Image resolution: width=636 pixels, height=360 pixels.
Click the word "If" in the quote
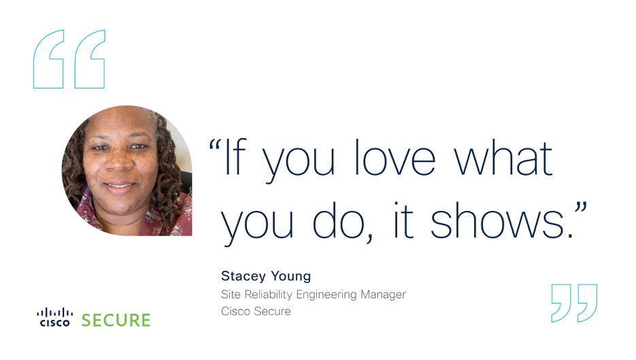pos(235,157)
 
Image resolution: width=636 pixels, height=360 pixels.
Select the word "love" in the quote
pos(395,157)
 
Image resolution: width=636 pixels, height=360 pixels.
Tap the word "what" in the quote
pos(503,158)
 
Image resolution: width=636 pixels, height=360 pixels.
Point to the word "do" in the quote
pos(339,220)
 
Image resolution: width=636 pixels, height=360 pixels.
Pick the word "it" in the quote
pos(403,220)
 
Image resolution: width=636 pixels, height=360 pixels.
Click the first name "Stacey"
pos(244,276)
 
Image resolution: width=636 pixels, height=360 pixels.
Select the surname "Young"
pos(291,276)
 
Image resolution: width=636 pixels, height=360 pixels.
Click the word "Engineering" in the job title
pos(327,295)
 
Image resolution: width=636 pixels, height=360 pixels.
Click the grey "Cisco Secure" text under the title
pos(256,311)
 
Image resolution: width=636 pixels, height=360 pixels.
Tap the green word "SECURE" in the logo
pos(116,321)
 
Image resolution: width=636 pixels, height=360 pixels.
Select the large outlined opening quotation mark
pos(69,59)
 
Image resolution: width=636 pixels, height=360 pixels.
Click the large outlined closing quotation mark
pos(574,304)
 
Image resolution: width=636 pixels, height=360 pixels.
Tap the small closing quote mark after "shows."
pos(580,210)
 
